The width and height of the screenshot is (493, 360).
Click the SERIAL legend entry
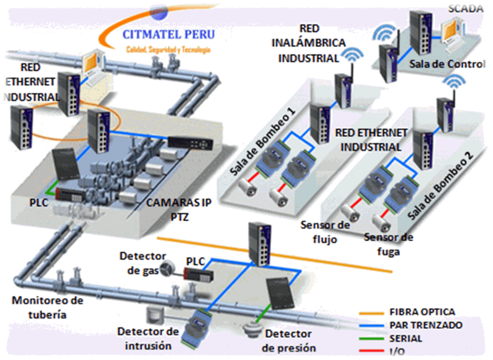405,338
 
